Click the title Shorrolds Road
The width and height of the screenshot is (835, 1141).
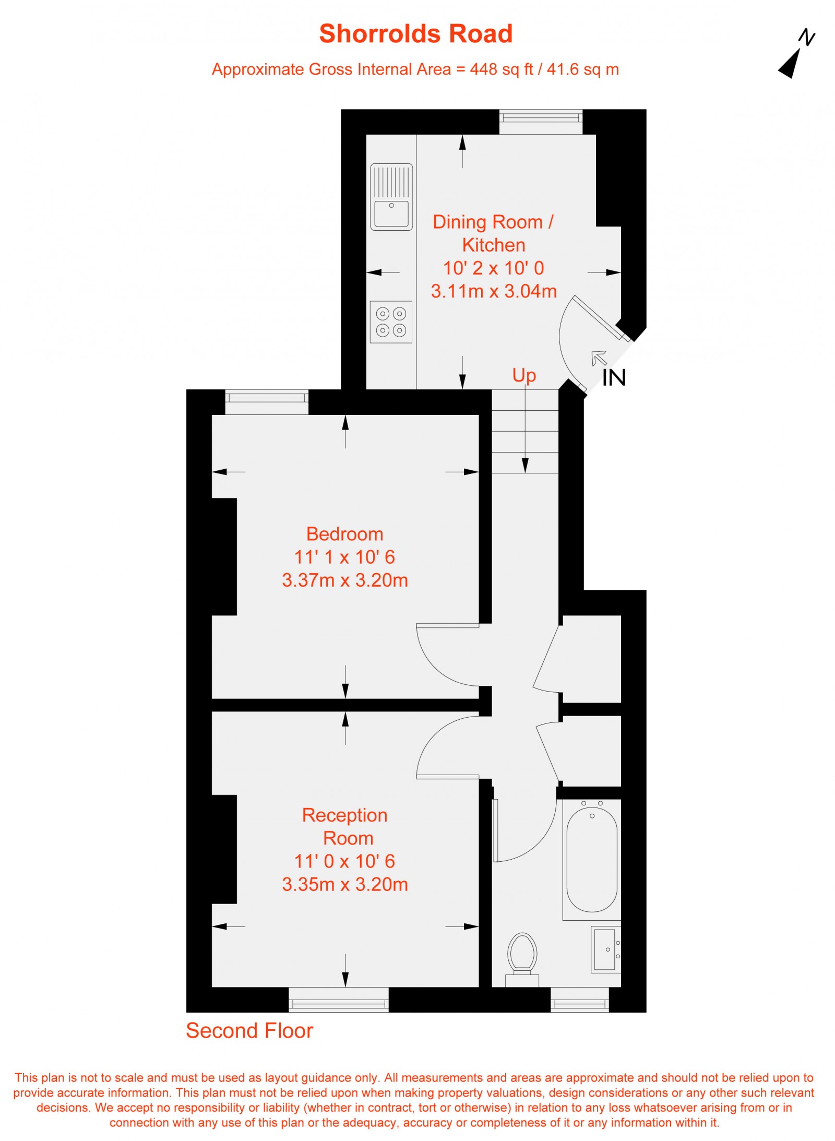pyautogui.click(x=416, y=34)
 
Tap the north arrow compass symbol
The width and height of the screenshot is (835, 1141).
pyautogui.click(x=794, y=56)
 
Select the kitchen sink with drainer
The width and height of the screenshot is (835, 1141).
pyautogui.click(x=391, y=197)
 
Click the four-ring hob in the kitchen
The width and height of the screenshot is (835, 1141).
pyautogui.click(x=391, y=322)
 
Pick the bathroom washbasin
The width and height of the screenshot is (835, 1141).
pyautogui.click(x=605, y=949)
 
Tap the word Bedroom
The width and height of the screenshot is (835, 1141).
pyautogui.click(x=344, y=534)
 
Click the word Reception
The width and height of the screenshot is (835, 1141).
pyautogui.click(x=344, y=815)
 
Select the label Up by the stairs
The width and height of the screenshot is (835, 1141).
pyautogui.click(x=524, y=375)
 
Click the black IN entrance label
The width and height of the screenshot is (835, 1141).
pyautogui.click(x=614, y=378)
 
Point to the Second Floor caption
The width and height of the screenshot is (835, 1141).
pyautogui.click(x=249, y=1031)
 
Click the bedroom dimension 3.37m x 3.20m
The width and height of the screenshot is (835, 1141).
pyautogui.click(x=344, y=580)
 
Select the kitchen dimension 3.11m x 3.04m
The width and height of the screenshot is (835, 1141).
pyautogui.click(x=494, y=291)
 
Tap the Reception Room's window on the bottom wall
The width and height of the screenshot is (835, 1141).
pyautogui.click(x=339, y=1000)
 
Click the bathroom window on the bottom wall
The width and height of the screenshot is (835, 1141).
pyautogui.click(x=580, y=1000)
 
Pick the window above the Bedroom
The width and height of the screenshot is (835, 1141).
pyautogui.click(x=267, y=402)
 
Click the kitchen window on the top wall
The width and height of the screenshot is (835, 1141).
pyautogui.click(x=541, y=122)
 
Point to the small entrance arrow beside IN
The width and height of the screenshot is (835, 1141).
pyautogui.click(x=599, y=358)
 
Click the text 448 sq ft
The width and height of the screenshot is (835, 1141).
pyautogui.click(x=501, y=69)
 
